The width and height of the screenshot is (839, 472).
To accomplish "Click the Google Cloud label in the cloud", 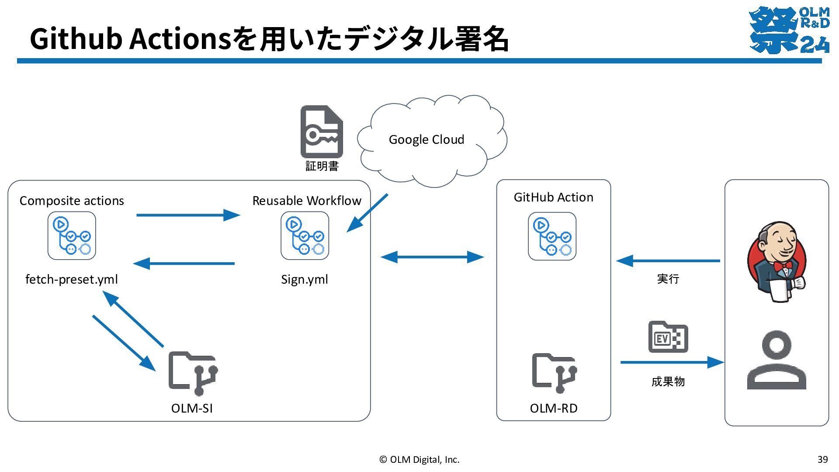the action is pos(426,140).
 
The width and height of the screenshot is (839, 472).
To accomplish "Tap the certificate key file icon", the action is pos(322,132).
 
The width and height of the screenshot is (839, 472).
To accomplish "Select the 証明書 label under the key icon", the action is pos(322,166).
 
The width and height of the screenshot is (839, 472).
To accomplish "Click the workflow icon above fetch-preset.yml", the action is pos(72,236).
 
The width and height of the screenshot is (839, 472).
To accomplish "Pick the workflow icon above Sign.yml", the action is pos(305,236).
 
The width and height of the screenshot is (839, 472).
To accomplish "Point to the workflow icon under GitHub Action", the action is pos(552,236).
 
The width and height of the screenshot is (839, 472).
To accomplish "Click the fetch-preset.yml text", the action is pos(72,279).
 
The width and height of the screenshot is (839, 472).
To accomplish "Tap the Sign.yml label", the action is pos(305,279).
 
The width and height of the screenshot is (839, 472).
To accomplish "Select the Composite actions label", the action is pos(72,201).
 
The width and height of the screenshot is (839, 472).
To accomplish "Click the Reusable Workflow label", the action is pos(307,201).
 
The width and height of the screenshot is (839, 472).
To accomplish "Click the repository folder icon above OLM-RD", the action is pos(555,373).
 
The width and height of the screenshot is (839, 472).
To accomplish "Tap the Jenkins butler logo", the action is pos(777,262).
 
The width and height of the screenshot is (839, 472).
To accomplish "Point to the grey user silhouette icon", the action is pos(777,360).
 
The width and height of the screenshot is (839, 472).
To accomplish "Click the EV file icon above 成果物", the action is pos(668,337).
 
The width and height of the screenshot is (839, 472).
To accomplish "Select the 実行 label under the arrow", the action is pos(668,279).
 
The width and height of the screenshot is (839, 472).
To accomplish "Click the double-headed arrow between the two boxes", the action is pos(432,257).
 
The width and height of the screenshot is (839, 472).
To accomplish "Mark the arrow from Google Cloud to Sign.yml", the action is pos(367,213).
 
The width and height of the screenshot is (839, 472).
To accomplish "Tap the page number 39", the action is pos(822,459).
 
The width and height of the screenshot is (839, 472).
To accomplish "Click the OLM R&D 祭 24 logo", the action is pos(789,30).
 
